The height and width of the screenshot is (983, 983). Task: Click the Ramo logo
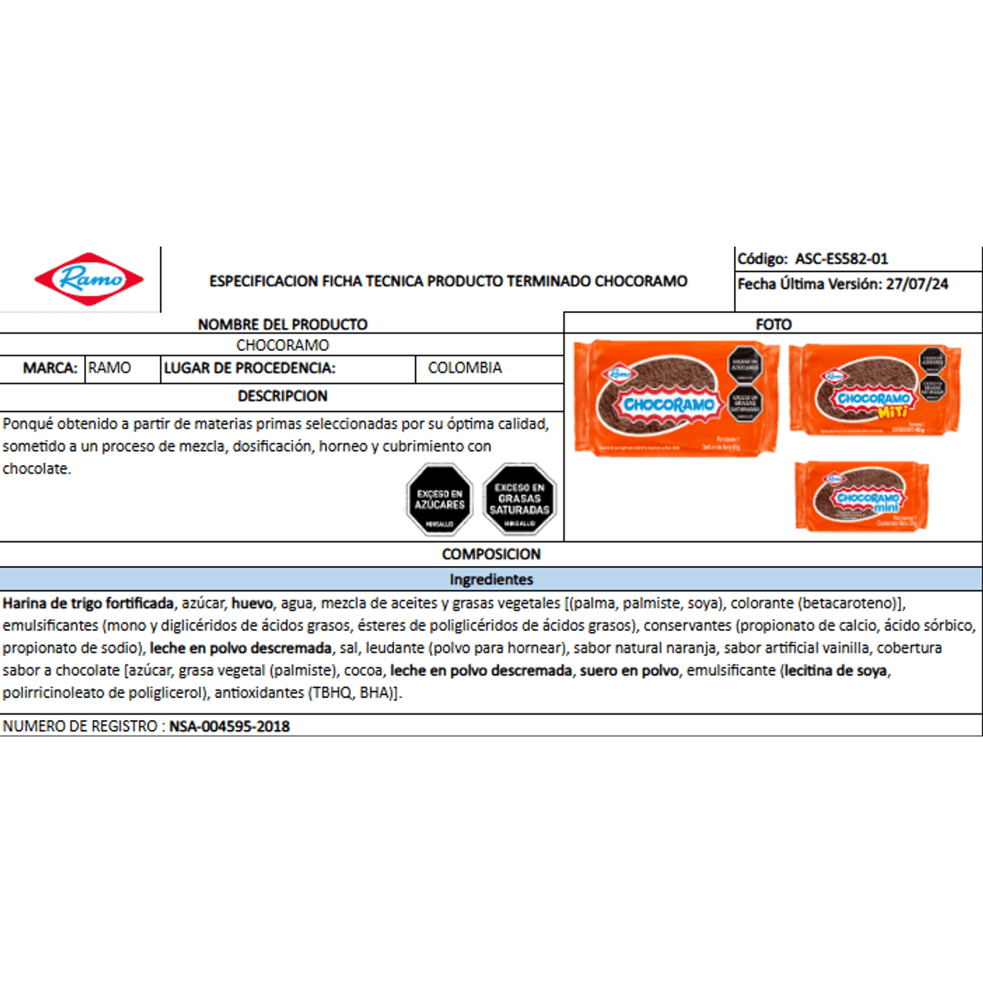tap(88, 279)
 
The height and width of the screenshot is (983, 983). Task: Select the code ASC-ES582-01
tap(841, 259)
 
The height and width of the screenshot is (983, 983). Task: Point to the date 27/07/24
tap(917, 284)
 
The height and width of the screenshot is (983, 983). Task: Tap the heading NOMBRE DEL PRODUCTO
tap(283, 324)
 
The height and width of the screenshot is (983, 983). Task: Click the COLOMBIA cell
tap(464, 368)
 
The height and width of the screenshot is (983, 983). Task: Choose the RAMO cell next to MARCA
tap(110, 368)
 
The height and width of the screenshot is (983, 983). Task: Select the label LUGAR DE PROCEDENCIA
tap(249, 368)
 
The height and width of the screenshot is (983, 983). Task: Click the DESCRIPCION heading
tap(283, 396)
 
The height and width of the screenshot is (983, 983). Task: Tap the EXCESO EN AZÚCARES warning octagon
tap(440, 500)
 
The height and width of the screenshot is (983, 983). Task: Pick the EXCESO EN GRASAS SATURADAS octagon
tap(519, 500)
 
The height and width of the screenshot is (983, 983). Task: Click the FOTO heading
tap(773, 324)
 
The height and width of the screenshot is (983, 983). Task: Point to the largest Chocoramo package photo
tap(677, 398)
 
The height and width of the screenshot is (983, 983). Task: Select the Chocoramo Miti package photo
tap(874, 390)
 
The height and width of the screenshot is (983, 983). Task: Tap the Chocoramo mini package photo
tap(862, 496)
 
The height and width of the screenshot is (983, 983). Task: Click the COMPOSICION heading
tap(491, 555)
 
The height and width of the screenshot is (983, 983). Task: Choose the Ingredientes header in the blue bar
tap(491, 579)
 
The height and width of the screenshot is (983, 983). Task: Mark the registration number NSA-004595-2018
tap(229, 727)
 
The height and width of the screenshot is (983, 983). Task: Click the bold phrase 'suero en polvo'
tap(629, 671)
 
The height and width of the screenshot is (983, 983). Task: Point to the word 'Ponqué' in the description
tap(28, 424)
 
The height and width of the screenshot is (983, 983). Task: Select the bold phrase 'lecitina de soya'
tap(836, 671)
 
